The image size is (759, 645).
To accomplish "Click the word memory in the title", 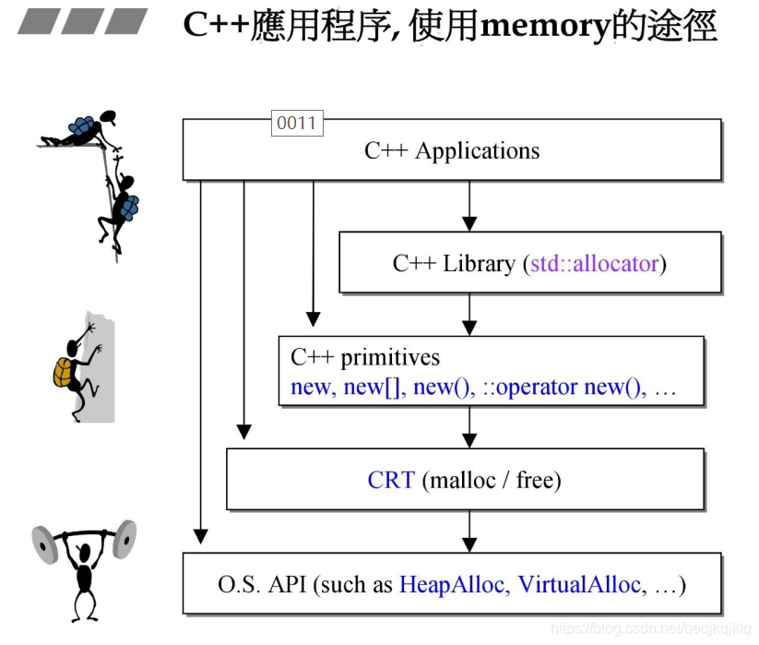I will (x=545, y=26).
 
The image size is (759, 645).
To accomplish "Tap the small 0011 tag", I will (x=297, y=124).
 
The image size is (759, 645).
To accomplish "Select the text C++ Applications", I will (x=452, y=150).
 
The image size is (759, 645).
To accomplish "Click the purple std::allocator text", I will (x=594, y=264).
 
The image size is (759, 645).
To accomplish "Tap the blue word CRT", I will (x=391, y=480).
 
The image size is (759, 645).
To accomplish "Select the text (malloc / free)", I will (x=492, y=480).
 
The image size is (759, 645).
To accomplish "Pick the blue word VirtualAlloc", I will (x=579, y=584).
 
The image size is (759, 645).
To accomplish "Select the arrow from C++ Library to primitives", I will (x=469, y=314).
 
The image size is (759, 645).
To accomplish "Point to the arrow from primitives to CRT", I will (x=469, y=428).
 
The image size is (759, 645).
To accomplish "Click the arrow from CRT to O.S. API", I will (x=469, y=532).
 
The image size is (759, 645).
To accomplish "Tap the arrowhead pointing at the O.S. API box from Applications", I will (x=201, y=535).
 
